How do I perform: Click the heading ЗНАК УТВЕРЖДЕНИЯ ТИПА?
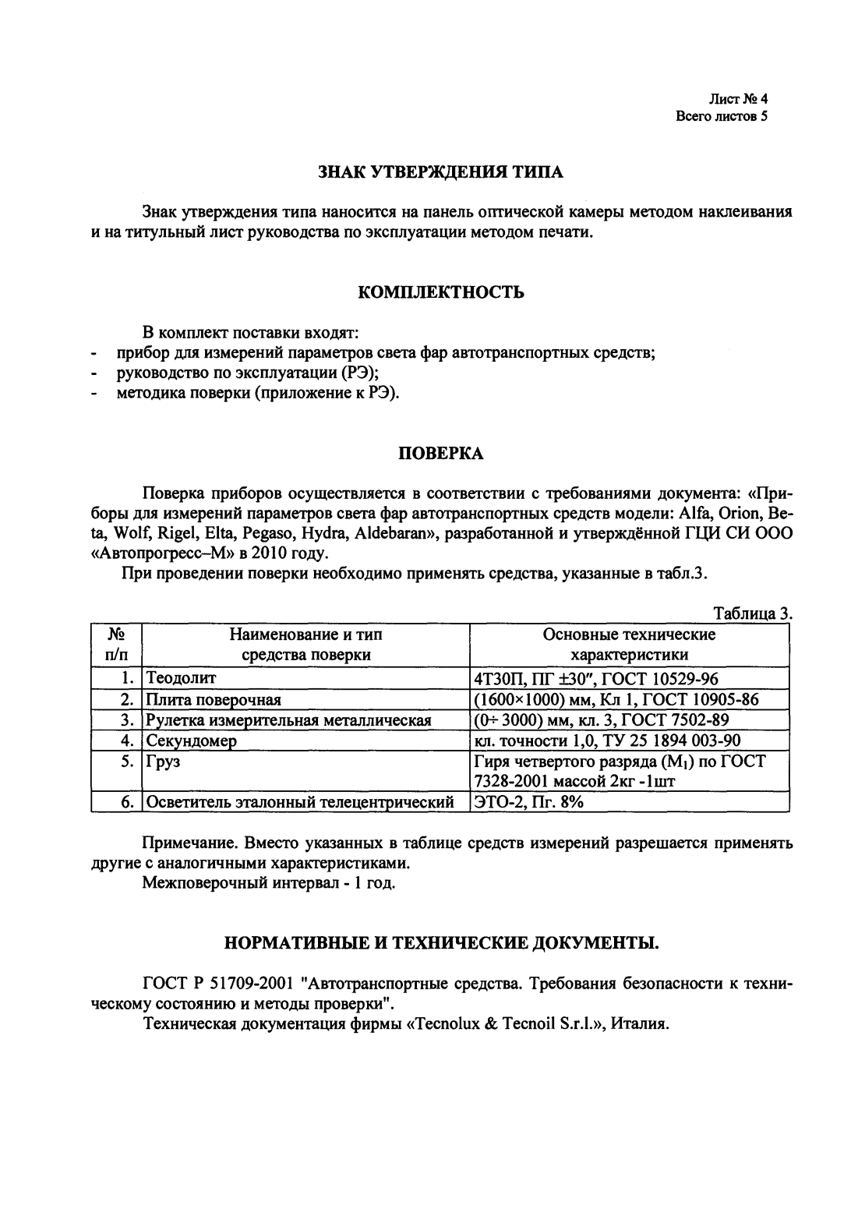440,171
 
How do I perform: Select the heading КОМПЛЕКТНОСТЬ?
440,293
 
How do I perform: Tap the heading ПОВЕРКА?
440,453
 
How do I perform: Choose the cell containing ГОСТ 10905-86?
616,698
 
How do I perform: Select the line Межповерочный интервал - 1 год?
269,884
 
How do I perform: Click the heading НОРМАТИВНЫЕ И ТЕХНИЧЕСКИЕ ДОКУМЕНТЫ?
440,945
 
